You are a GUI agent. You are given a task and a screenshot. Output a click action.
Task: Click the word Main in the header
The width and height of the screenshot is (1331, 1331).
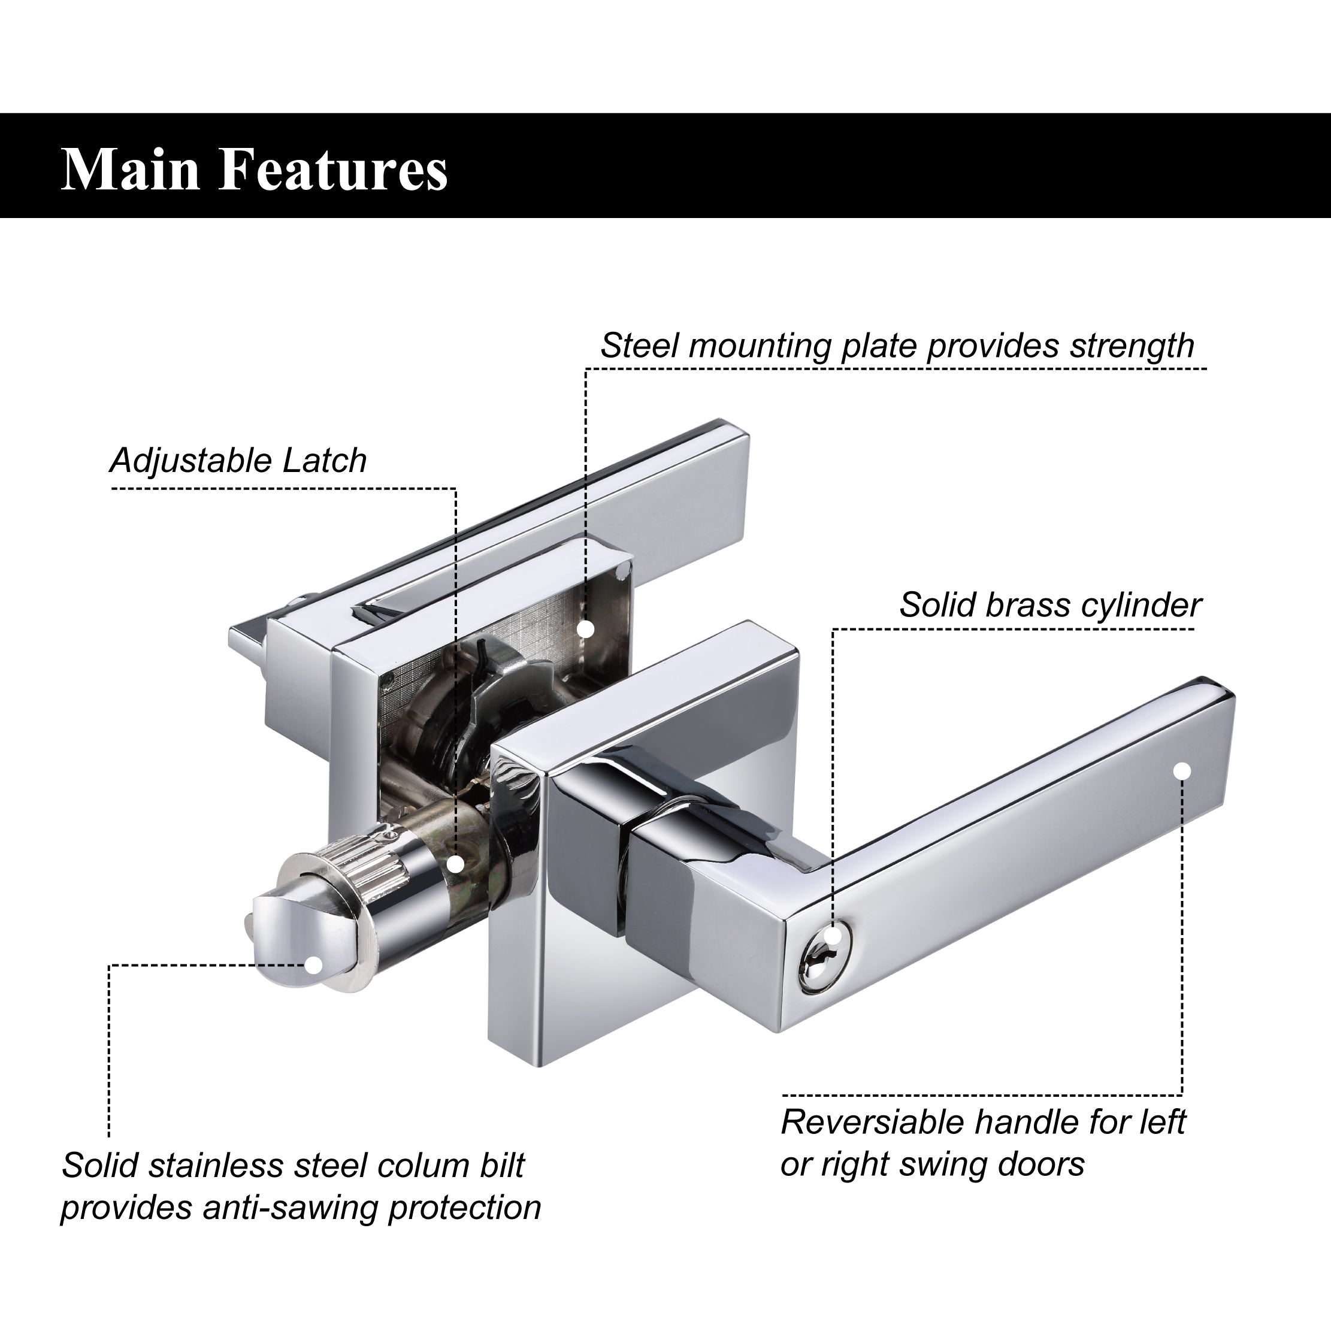click(131, 169)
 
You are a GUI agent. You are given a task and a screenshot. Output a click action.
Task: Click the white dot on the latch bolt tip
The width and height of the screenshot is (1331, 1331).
click(313, 964)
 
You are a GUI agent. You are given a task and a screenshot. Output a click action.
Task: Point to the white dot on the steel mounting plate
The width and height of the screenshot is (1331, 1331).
click(586, 629)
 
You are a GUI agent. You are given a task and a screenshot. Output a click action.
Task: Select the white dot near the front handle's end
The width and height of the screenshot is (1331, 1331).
click(1182, 771)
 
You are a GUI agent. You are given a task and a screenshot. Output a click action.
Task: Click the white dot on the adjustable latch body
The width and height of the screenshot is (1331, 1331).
click(455, 864)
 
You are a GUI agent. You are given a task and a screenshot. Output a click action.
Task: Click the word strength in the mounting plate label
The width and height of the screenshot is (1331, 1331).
click(1132, 346)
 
